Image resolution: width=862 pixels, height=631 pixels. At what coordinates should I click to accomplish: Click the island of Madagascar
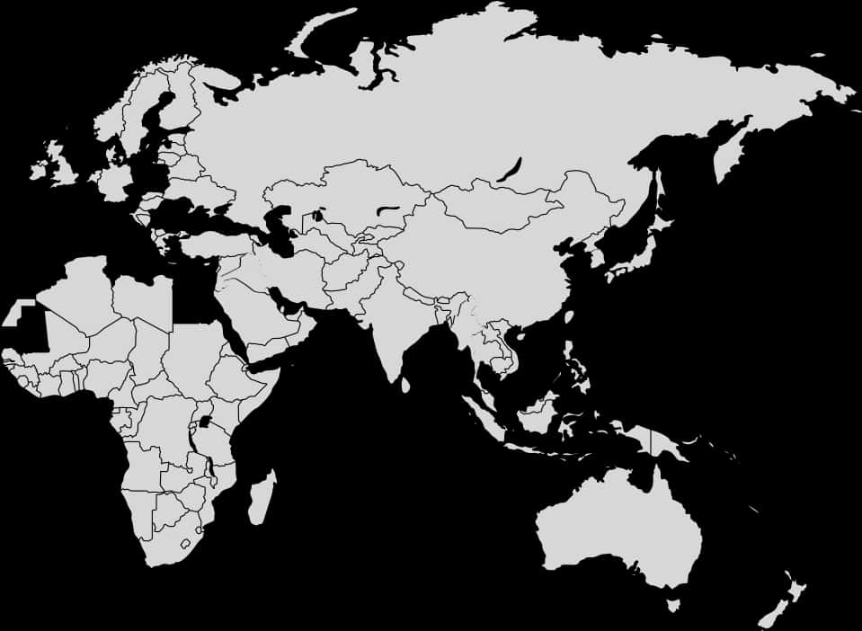(x=262, y=497)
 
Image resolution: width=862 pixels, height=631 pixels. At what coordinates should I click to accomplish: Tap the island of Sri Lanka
(x=405, y=385)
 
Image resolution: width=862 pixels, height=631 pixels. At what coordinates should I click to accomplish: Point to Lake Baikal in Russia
(x=510, y=171)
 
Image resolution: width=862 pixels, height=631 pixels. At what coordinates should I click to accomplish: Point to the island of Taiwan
(x=569, y=317)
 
